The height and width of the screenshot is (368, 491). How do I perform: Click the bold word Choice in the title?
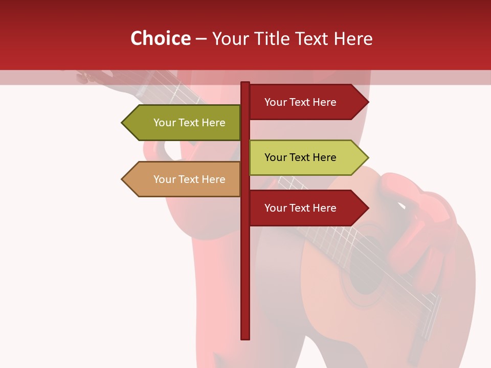pyautogui.click(x=160, y=39)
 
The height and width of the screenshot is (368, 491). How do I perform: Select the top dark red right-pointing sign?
pyautogui.click(x=307, y=102)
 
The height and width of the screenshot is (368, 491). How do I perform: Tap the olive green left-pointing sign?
pyautogui.click(x=184, y=123)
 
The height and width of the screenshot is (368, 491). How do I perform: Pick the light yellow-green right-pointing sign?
pyautogui.click(x=307, y=157)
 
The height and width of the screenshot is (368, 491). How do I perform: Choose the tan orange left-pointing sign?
pyautogui.click(x=184, y=179)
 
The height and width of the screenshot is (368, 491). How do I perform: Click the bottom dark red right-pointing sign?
pyautogui.click(x=307, y=208)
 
